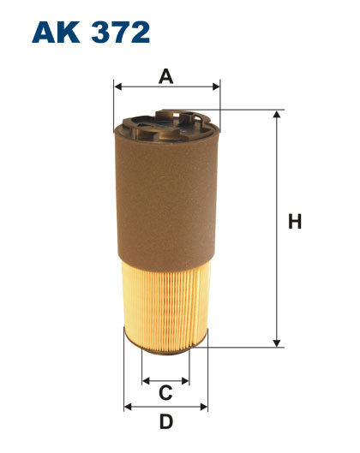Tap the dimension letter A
(x=166, y=76)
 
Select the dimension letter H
(x=295, y=223)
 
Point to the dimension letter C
(x=166, y=393)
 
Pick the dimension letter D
(x=166, y=421)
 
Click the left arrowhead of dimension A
(x=117, y=87)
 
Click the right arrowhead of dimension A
(x=216, y=87)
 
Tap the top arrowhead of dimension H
(x=277, y=115)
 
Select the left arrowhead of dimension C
(x=147, y=379)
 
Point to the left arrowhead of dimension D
(x=129, y=406)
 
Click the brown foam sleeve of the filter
(x=165, y=197)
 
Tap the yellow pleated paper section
(x=165, y=300)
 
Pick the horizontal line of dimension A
(x=166, y=87)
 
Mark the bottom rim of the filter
(x=165, y=344)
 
